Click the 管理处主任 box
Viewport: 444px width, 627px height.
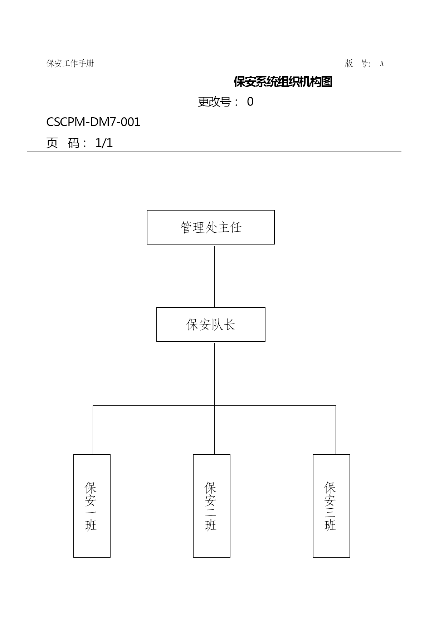coord(211,227)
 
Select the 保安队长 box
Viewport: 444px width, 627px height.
coord(211,324)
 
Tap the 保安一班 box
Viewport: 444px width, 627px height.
coord(92,506)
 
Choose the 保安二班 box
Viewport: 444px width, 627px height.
coord(212,506)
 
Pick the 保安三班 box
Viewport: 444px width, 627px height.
coord(331,506)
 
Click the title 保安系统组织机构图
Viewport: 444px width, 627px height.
coord(283,82)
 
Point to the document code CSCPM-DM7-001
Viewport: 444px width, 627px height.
coord(93,122)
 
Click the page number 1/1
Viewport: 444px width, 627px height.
coord(104,143)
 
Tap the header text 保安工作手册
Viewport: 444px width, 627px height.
coord(70,63)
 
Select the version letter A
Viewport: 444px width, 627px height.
coord(382,64)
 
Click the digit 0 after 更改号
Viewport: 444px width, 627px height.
coord(250,102)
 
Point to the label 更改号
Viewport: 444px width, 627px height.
coord(214,102)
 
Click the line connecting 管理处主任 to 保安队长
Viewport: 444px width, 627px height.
coord(214,276)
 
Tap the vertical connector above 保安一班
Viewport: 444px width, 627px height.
coord(93,430)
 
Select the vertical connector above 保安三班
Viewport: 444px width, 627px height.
coord(336,430)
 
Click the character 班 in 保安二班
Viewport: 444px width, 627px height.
coord(211,525)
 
